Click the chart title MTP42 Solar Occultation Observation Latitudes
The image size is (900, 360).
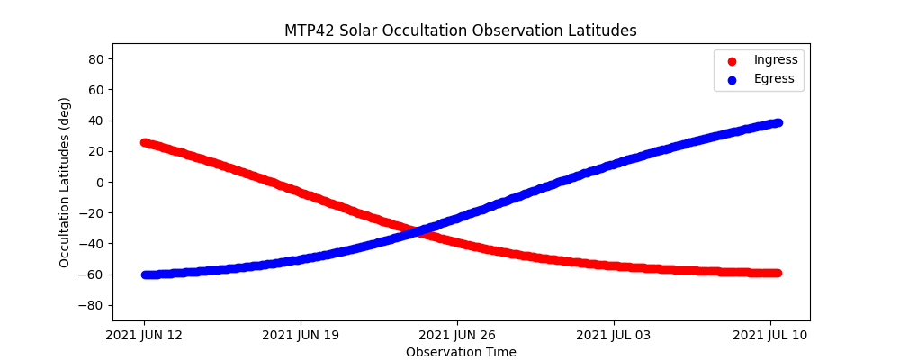(x=461, y=31)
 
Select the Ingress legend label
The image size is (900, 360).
(x=776, y=59)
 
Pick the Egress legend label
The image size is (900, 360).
(x=774, y=78)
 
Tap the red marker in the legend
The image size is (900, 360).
(x=731, y=60)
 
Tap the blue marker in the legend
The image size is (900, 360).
(x=731, y=79)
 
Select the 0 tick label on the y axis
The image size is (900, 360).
(x=101, y=182)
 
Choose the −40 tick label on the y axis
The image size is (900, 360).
(x=94, y=244)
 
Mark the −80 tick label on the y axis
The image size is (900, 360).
(x=94, y=305)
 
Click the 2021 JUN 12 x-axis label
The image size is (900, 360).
(x=144, y=336)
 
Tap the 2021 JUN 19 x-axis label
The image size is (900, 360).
(x=301, y=336)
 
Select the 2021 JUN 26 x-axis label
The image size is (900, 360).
(x=457, y=336)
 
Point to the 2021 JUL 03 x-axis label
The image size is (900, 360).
(x=614, y=336)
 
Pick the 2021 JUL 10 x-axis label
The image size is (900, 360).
(x=770, y=336)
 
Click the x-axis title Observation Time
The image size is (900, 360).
(x=461, y=352)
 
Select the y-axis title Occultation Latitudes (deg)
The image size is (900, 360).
(x=65, y=182)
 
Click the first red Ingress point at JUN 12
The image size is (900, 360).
(x=145, y=142)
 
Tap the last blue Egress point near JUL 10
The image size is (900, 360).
(x=778, y=122)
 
